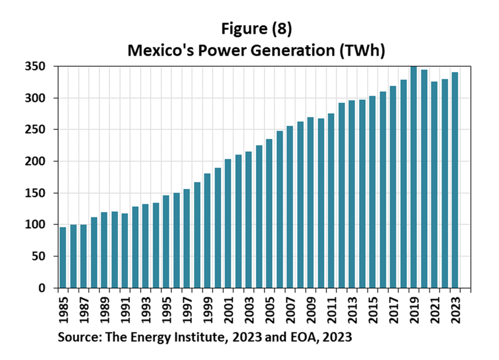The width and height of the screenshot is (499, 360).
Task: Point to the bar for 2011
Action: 331,201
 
